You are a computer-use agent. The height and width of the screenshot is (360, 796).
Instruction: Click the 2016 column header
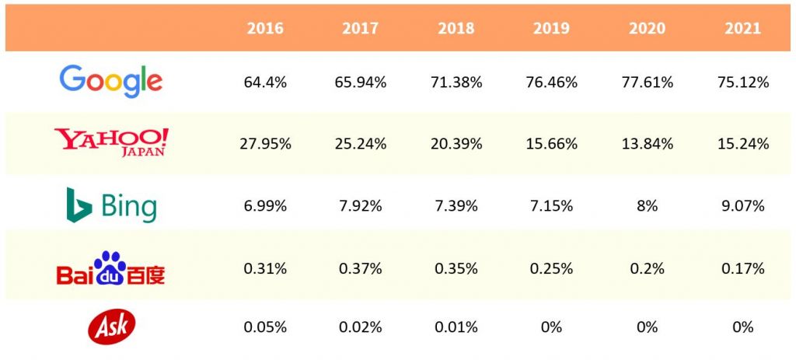pos(265,29)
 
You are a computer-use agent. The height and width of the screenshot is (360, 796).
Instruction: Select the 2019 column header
pos(551,29)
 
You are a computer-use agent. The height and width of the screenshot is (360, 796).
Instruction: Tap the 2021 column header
pos(742,29)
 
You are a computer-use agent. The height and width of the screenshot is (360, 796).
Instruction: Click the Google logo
pos(111,81)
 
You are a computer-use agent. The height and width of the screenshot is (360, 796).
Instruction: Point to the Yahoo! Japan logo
pos(111,142)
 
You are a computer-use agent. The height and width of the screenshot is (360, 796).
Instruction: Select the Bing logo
pos(111,205)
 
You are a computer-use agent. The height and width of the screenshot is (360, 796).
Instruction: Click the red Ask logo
pos(111,326)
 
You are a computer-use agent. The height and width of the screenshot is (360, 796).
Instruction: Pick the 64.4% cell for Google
pos(265,82)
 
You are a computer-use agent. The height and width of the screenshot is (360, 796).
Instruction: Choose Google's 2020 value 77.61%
pos(647,82)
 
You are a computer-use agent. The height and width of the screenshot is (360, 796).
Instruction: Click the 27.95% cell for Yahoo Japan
pos(265,144)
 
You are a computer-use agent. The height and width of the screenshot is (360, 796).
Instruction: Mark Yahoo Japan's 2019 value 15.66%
pos(551,144)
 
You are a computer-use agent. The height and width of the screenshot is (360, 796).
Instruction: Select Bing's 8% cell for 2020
pos(647,206)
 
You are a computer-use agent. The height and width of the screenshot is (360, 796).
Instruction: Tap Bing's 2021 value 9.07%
pos(742,206)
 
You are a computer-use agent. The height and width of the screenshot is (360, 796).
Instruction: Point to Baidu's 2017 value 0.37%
pos(361,268)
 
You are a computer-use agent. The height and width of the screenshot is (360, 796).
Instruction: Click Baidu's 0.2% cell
pos(647,268)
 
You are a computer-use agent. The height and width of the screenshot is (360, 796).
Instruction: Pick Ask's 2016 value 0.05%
pos(265,327)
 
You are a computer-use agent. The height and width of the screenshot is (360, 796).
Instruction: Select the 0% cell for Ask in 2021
pos(742,327)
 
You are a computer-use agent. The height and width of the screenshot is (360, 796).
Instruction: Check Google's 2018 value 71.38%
pos(456,82)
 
